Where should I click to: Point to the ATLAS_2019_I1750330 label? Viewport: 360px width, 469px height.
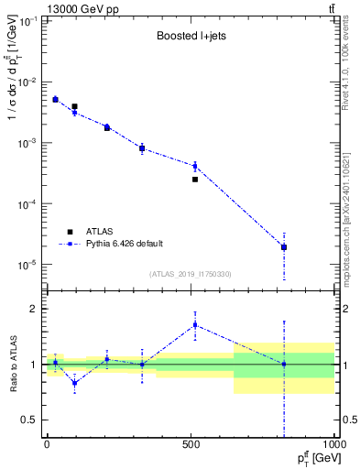(191, 274)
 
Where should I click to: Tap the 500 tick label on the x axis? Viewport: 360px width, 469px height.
(191, 442)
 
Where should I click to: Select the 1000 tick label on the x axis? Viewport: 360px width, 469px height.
(333, 442)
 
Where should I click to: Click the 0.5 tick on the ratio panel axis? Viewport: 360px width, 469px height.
(30, 420)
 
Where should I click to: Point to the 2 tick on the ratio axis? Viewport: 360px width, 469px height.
(34, 309)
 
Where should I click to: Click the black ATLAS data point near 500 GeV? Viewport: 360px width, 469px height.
(195, 180)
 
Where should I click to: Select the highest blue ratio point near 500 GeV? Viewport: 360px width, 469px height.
(195, 324)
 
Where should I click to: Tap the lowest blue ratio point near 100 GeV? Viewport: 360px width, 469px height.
(74, 382)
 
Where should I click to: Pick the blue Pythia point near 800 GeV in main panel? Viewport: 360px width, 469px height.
(284, 246)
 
